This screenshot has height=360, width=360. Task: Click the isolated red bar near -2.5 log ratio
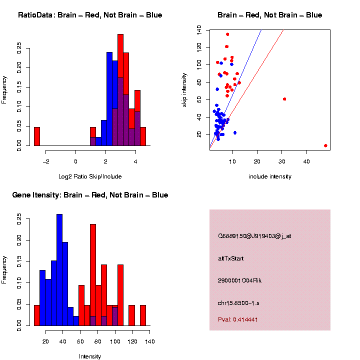(x=36, y=136)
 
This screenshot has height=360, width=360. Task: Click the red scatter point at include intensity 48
(x=325, y=145)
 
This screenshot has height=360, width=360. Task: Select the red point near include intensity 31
(x=284, y=99)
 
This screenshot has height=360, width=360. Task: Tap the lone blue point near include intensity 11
(x=235, y=132)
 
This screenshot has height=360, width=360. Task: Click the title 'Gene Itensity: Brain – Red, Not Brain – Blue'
(x=90, y=195)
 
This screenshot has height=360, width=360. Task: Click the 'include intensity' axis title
(x=269, y=176)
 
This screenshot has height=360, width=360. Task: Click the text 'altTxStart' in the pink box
(x=231, y=258)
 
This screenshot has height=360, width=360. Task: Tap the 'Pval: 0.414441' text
(x=238, y=319)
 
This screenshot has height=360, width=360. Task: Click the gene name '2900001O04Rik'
(x=240, y=280)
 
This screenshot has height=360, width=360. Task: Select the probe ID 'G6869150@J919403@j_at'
(x=254, y=236)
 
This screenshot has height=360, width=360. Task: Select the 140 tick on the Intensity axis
(x=150, y=341)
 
